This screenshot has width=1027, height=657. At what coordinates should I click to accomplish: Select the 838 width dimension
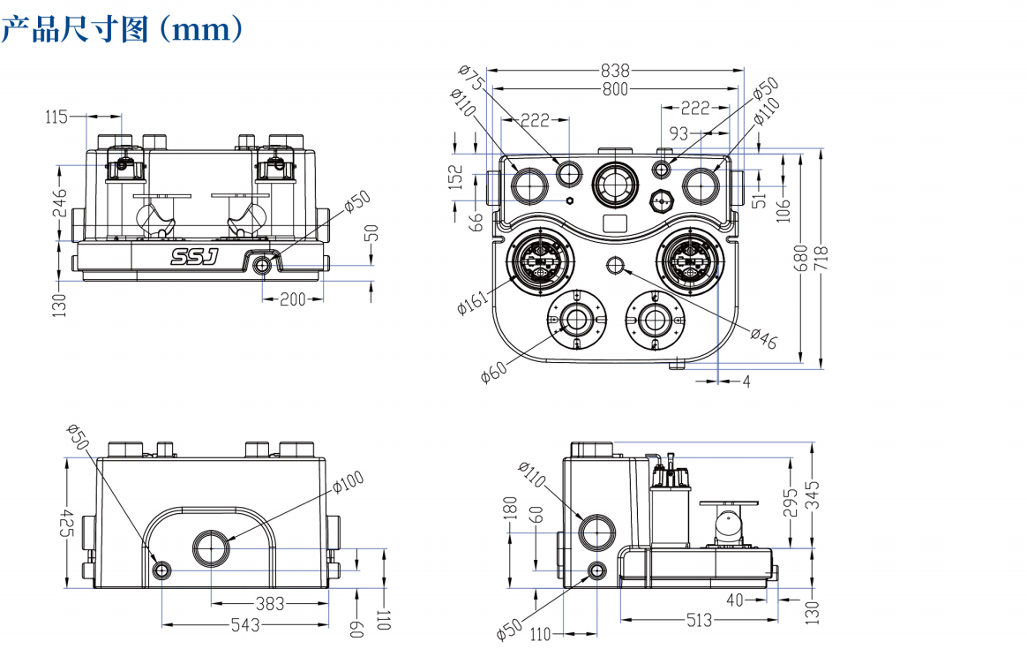pyautogui.click(x=615, y=71)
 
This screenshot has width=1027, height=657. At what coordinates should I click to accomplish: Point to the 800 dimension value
pyautogui.click(x=615, y=89)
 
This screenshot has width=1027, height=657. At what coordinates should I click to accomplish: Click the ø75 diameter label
pyautogui.click(x=472, y=76)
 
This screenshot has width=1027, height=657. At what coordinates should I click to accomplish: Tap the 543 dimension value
pyautogui.click(x=246, y=624)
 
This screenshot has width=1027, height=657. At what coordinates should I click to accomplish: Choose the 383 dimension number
pyautogui.click(x=270, y=604)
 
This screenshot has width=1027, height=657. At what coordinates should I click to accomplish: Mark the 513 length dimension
pyautogui.click(x=698, y=620)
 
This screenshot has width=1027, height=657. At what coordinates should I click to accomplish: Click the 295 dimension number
pyautogui.click(x=791, y=502)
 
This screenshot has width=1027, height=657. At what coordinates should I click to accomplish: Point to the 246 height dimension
pyautogui.click(x=59, y=203)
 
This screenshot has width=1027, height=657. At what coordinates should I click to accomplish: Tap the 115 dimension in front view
pyautogui.click(x=57, y=116)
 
